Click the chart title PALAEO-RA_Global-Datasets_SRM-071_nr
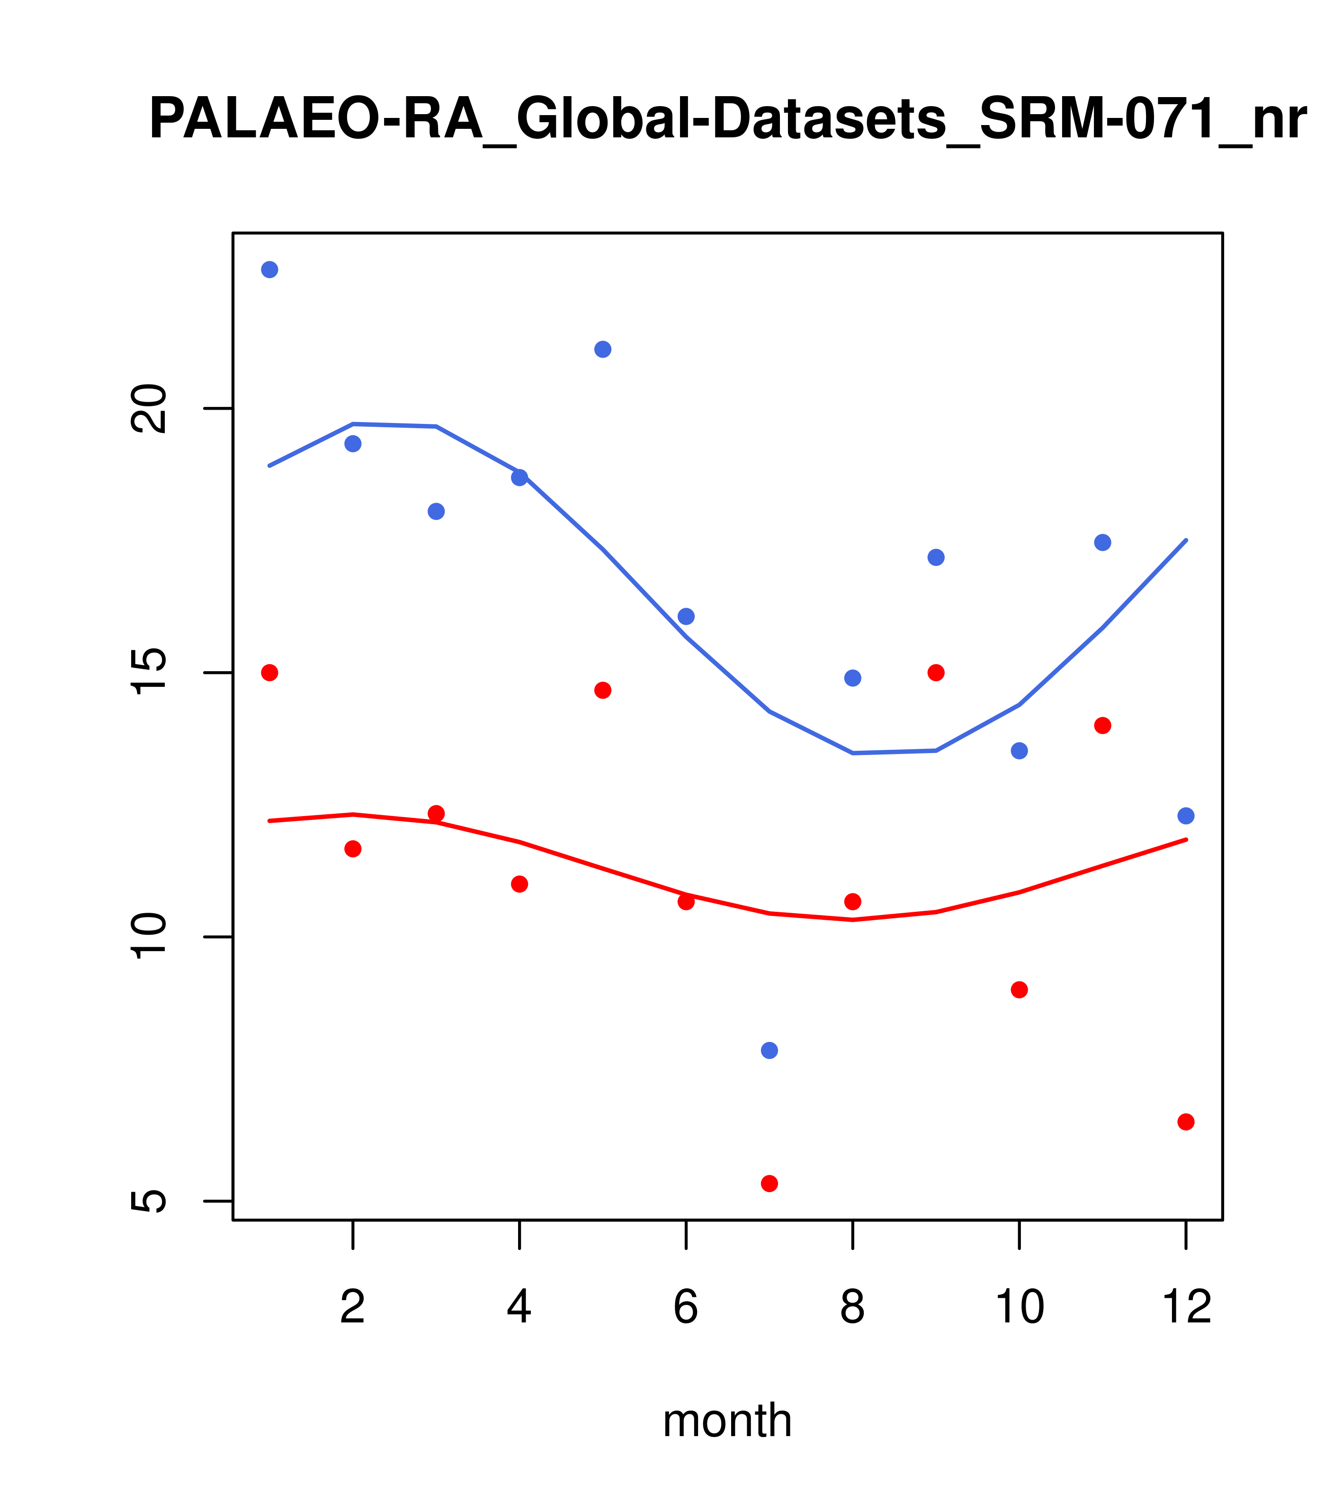pos(727,120)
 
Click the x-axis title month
pos(727,1420)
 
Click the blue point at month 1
pos(269,270)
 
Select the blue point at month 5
pos(603,350)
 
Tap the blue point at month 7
pos(769,1051)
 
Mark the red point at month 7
pos(769,1184)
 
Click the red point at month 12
pos(1186,1122)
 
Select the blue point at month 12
pos(1186,816)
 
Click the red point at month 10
pos(1019,990)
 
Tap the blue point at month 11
pos(1103,543)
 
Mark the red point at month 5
pos(603,690)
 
